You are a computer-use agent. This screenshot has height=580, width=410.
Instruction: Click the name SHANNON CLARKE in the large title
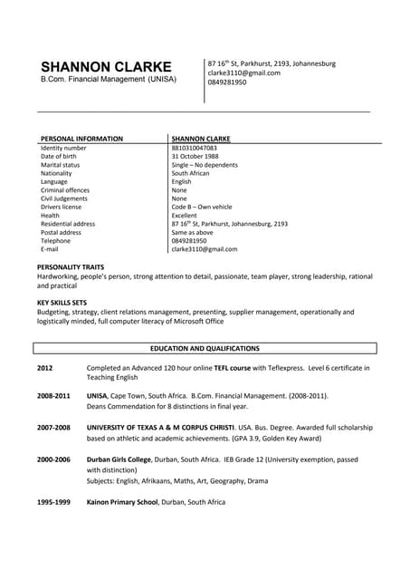click(x=106, y=67)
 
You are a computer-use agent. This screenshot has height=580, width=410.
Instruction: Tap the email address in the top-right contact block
click(x=243, y=72)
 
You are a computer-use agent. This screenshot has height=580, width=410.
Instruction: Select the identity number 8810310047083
click(x=194, y=148)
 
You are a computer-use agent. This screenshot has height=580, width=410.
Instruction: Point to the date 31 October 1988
click(x=195, y=157)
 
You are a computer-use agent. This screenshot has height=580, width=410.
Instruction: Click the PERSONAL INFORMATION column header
click(x=81, y=139)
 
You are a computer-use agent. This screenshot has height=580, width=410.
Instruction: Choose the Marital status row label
click(x=60, y=165)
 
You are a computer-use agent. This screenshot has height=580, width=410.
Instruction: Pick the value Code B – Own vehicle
click(x=202, y=207)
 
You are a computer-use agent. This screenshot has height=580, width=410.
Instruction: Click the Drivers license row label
click(x=61, y=207)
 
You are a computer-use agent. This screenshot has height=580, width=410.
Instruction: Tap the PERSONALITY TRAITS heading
click(x=71, y=267)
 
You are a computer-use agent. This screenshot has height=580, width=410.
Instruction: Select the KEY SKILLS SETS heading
click(x=62, y=302)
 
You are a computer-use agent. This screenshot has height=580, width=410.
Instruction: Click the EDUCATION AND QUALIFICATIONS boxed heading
click(x=205, y=348)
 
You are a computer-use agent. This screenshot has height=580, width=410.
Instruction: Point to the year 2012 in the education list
click(x=45, y=368)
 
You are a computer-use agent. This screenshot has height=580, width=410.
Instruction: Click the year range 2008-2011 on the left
click(x=53, y=396)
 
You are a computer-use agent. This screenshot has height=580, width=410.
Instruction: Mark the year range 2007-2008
click(x=53, y=426)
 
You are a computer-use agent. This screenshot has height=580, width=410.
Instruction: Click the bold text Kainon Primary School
click(x=123, y=501)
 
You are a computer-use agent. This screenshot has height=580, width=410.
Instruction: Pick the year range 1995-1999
click(x=53, y=501)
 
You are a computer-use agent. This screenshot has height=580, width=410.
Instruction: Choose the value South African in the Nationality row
click(x=192, y=173)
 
